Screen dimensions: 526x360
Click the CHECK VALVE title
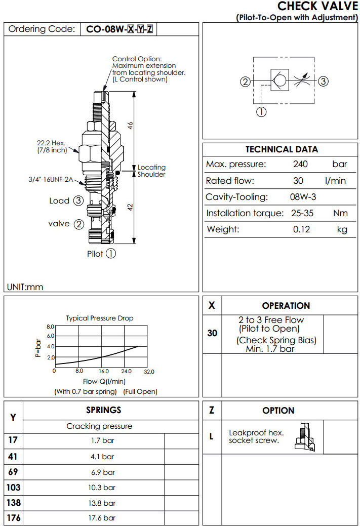(317, 6)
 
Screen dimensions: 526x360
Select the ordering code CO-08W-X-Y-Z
(119, 29)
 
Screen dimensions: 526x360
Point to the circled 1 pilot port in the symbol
(261, 112)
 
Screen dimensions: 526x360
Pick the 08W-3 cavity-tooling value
(303, 197)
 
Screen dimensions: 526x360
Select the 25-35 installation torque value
(302, 213)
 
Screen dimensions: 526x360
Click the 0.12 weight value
(302, 229)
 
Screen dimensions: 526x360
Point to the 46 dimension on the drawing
(130, 127)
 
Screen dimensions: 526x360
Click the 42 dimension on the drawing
(130, 208)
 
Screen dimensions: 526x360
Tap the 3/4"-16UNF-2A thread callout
(50, 179)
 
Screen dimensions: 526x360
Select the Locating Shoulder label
(151, 171)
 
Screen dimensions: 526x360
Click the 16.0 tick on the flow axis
(103, 371)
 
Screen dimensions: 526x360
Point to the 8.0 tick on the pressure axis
(50, 327)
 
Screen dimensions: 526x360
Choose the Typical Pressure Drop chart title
(100, 318)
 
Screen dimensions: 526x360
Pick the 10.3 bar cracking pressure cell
(103, 487)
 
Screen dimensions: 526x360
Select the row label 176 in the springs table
(13, 518)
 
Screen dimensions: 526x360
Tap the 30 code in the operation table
(212, 333)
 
